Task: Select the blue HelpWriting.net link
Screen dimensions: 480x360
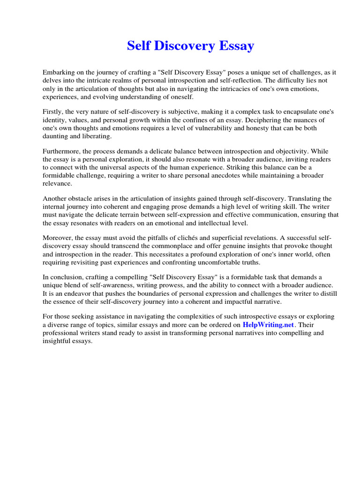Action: coord(268,324)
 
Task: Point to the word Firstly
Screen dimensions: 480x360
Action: coord(53,112)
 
